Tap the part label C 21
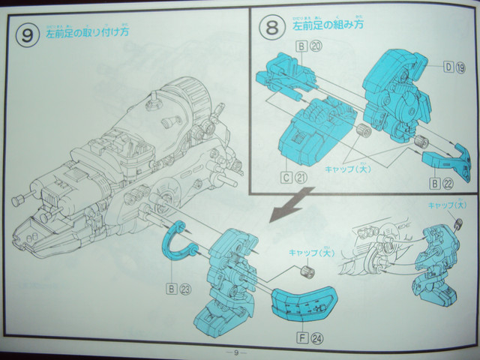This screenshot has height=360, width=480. pos(294,178)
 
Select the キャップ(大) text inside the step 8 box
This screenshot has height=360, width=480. pos(349,169)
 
